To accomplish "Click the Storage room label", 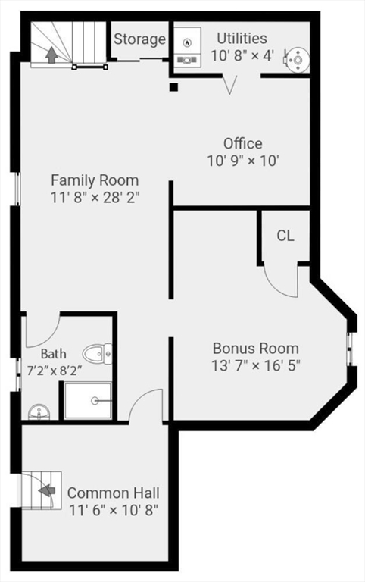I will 140,39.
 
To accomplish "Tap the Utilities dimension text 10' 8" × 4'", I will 242,55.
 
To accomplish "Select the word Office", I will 242,143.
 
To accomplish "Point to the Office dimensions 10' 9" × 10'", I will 242,161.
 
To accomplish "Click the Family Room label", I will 95,180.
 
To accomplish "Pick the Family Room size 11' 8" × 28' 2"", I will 95,197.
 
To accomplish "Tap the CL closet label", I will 285,236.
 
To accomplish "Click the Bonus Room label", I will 255,349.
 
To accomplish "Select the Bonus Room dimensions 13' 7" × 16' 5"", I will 255,365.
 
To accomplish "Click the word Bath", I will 53,353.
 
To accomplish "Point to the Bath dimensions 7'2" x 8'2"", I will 55,371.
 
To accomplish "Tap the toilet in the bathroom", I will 97,352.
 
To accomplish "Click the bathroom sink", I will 38,412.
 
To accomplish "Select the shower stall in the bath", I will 88,400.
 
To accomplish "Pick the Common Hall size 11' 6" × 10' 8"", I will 113,510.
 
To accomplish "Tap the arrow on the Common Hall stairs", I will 47,490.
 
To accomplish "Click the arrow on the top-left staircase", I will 52,55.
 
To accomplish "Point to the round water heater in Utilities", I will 298,58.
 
